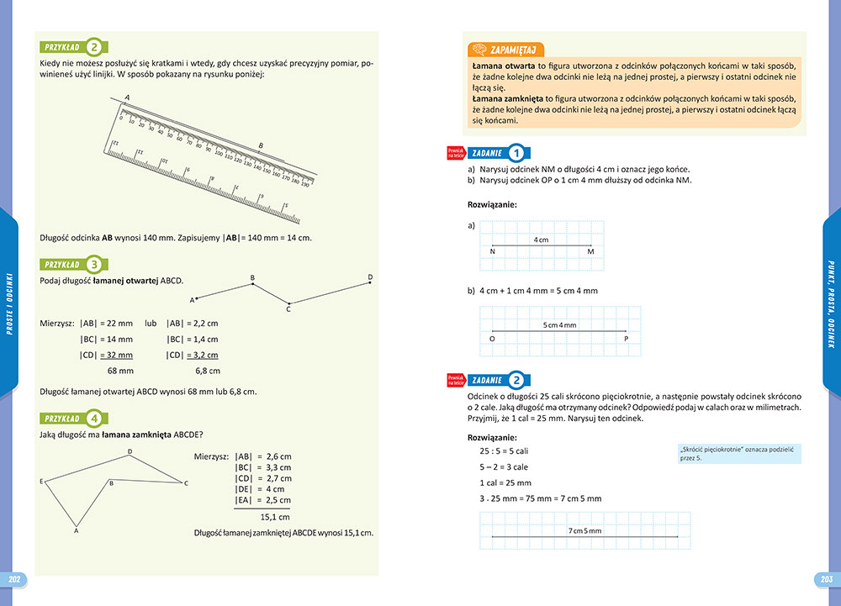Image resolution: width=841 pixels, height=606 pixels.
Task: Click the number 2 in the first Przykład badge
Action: pyautogui.click(x=96, y=47)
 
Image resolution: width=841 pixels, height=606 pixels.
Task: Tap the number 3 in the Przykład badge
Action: pyautogui.click(x=96, y=264)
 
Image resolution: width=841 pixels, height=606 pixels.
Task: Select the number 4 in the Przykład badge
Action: pyautogui.click(x=96, y=418)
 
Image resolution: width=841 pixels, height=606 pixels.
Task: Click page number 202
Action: pyautogui.click(x=14, y=580)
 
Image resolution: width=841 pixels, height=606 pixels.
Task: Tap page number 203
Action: pyautogui.click(x=825, y=580)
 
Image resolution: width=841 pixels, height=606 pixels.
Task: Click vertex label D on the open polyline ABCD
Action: pyautogui.click(x=370, y=277)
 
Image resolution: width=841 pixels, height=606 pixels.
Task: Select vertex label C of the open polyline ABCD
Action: pyautogui.click(x=288, y=309)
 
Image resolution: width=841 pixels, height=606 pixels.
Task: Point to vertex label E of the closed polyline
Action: pyautogui.click(x=41, y=481)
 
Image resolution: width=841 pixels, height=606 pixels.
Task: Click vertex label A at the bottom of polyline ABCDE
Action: pyautogui.click(x=77, y=530)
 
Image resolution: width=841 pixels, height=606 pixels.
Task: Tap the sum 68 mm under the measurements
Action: pyautogui.click(x=120, y=370)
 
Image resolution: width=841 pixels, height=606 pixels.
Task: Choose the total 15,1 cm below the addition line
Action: pyautogui.click(x=275, y=517)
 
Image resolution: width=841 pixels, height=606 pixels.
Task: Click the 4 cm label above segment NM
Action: pyautogui.click(x=541, y=240)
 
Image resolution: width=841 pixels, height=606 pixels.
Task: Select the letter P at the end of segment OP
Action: pyautogui.click(x=626, y=339)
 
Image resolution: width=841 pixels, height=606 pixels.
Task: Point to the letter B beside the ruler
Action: pyautogui.click(x=261, y=145)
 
